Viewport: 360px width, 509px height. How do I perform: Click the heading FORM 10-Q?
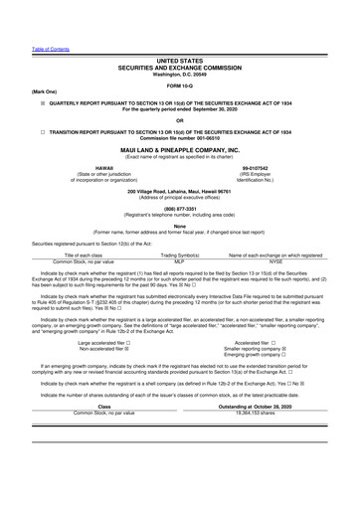pos(179,83)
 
